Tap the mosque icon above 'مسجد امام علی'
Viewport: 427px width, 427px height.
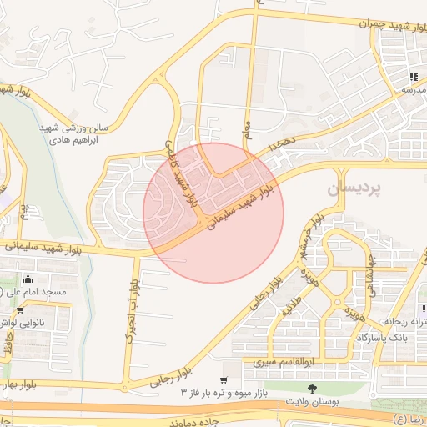[29, 279]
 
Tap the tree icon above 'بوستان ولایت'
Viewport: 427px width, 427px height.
[312, 389]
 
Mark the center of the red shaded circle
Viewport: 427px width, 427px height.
[213, 213]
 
